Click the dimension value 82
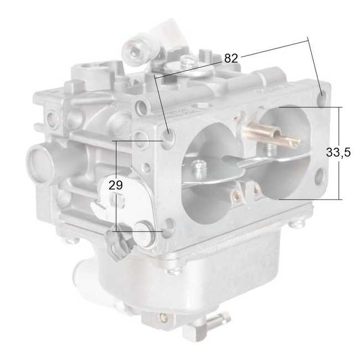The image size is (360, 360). pos(231,58)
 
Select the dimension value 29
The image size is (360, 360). pos(115,186)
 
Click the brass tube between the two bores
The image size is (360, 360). pos(266,133)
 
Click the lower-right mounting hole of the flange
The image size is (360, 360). pos(320,177)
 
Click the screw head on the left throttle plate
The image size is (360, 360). pos(198,164)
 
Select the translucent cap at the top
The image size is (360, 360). pos(166,33)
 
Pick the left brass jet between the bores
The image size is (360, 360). pos(236,194)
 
